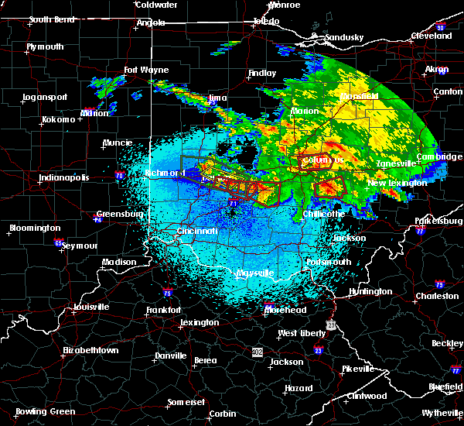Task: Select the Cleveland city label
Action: (x=432, y=36)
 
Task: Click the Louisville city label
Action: (x=86, y=306)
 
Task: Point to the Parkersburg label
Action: (x=435, y=208)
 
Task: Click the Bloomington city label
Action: (x=34, y=228)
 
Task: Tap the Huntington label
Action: (x=370, y=291)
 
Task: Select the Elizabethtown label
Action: (x=90, y=350)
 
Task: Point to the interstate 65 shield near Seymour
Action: (x=58, y=242)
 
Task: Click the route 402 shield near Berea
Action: (x=257, y=352)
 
